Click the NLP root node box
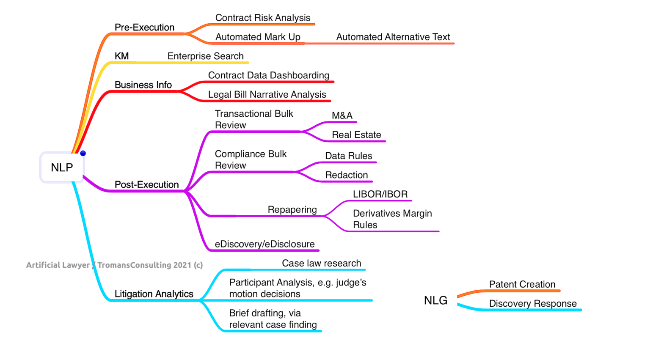pyautogui.click(x=62, y=168)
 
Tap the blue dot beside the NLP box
pyautogui.click(x=83, y=153)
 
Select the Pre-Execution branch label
pyautogui.click(x=144, y=27)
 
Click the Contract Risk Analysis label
pyautogui.click(x=262, y=18)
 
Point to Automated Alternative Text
pyautogui.click(x=393, y=37)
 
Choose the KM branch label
pyautogui.click(x=121, y=56)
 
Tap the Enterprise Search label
pyautogui.click(x=205, y=56)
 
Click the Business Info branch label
pyautogui.click(x=143, y=85)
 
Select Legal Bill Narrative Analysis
pyautogui.click(x=267, y=95)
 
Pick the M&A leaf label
pyautogui.click(x=342, y=116)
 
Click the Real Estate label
pyautogui.click(x=356, y=135)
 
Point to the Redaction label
pyautogui.click(x=346, y=175)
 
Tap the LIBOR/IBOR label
pyautogui.click(x=380, y=194)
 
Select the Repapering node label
pyautogui.click(x=292, y=210)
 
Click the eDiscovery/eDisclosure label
pyautogui.click(x=264, y=244)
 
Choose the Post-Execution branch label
pyautogui.click(x=146, y=185)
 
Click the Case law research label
pyautogui.click(x=321, y=264)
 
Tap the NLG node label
pyautogui.click(x=435, y=300)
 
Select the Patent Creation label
pyautogui.click(x=522, y=284)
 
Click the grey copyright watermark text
pyautogui.click(x=114, y=265)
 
